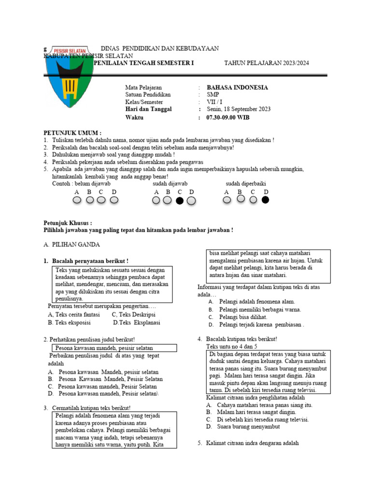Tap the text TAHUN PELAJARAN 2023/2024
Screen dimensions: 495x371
(x=267, y=63)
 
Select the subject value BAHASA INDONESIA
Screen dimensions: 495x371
(x=237, y=87)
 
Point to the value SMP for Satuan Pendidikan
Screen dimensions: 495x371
(x=213, y=95)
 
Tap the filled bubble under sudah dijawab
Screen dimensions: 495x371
(x=180, y=201)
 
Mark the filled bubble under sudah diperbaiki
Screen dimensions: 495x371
(x=265, y=200)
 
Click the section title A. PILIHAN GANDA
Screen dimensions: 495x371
(x=72, y=245)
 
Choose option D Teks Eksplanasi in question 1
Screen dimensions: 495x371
(x=137, y=322)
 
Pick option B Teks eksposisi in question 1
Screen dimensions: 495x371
(x=69, y=322)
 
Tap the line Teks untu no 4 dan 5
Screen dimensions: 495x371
(x=232, y=347)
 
